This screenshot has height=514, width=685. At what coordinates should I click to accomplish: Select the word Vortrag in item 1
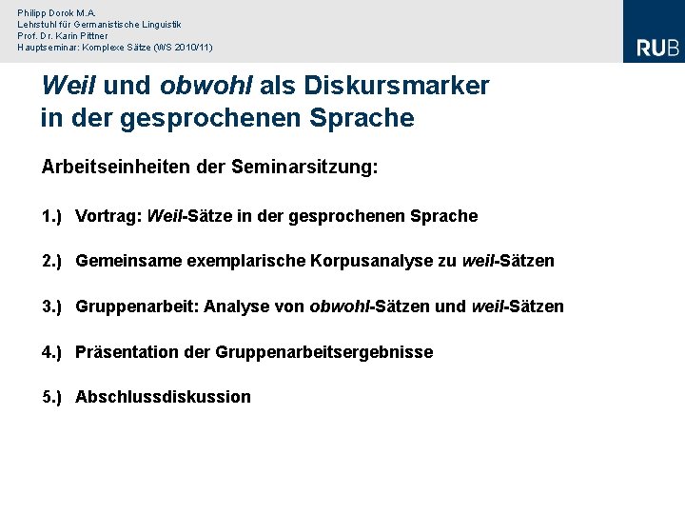[x=108, y=216]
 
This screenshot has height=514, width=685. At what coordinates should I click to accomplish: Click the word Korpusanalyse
[x=373, y=261]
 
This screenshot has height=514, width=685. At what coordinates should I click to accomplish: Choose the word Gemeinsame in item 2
[x=119, y=261]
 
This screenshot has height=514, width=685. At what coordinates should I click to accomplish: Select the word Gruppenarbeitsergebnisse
[x=323, y=352]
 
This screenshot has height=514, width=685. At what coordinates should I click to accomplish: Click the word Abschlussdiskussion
[x=163, y=397]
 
